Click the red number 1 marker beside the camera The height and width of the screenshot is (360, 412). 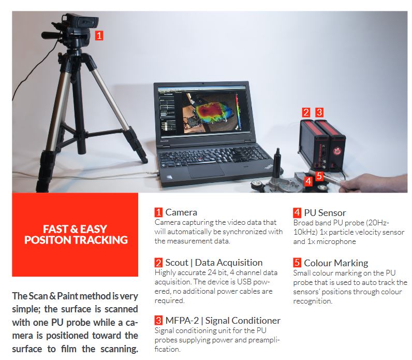click(99, 35)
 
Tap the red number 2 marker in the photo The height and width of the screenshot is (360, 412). click(306, 112)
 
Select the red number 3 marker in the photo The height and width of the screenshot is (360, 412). click(319, 112)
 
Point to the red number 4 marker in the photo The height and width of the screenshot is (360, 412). click(308, 181)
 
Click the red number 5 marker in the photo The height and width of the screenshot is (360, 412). click(319, 176)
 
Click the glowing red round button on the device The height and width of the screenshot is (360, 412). click(336, 151)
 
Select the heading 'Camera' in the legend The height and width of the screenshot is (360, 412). click(181, 212)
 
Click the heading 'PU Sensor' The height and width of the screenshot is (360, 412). click(325, 212)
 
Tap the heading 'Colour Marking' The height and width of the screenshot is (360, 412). click(336, 263)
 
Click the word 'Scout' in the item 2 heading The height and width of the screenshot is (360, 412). click(176, 263)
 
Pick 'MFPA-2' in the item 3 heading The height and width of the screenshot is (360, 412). click(182, 320)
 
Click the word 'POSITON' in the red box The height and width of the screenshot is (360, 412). click(47, 240)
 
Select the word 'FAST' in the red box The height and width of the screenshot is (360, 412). click(56, 229)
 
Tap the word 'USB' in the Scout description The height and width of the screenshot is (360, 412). click(244, 282)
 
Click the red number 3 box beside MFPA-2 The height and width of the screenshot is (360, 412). click(158, 320)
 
